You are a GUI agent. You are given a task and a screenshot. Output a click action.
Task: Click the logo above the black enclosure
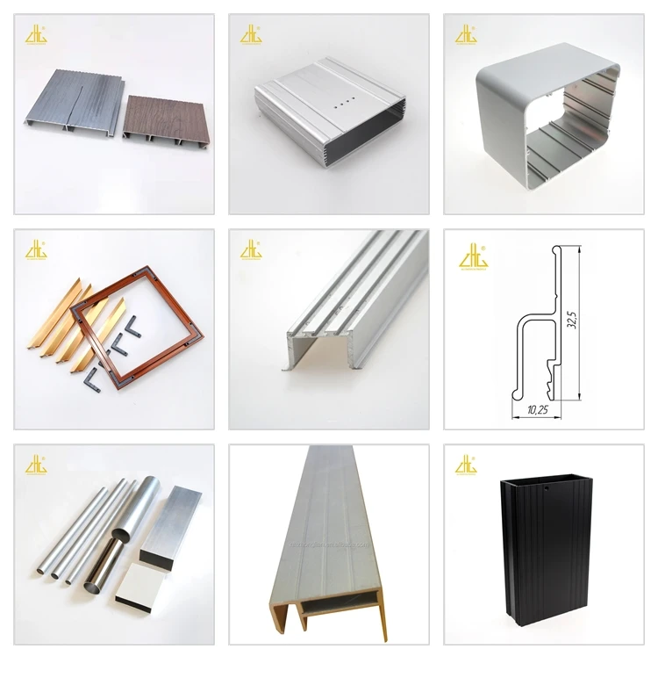pyautogui.click(x=465, y=463)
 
